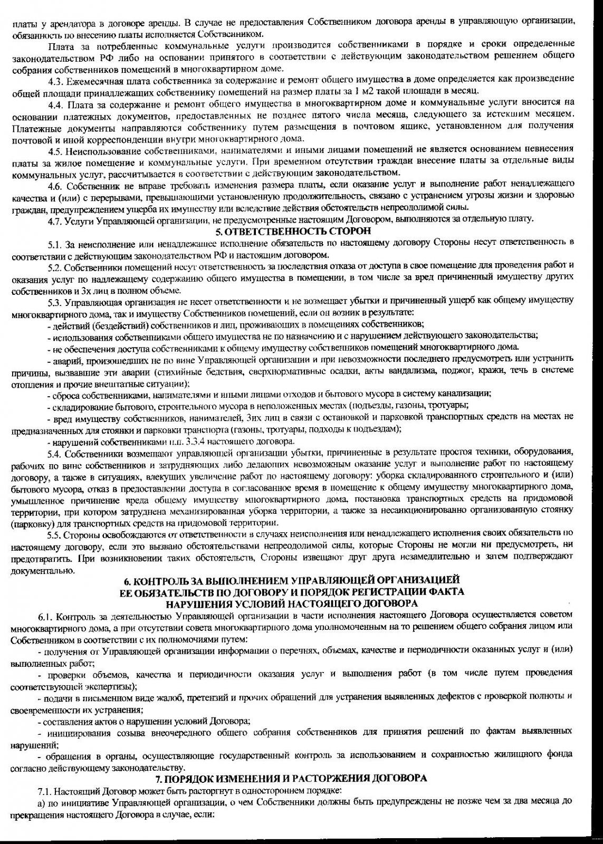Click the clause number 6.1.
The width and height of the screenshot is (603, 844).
click(46, 616)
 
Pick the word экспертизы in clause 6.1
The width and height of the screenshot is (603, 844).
click(111, 686)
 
